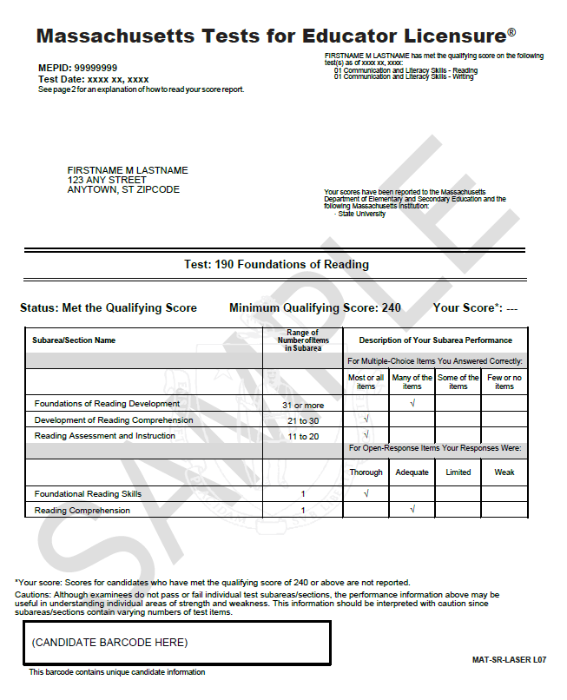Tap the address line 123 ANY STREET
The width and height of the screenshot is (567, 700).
(107, 180)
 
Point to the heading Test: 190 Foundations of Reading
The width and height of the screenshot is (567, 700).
(276, 264)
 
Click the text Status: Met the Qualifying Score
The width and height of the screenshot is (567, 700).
(109, 308)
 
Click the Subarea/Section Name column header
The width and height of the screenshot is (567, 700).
(75, 340)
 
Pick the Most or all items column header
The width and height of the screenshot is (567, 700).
(366, 382)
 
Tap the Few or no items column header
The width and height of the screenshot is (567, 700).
(504, 382)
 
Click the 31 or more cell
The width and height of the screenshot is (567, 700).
(303, 405)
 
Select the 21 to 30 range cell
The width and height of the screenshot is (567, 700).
(303, 420)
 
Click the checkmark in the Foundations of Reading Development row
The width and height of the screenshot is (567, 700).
(412, 404)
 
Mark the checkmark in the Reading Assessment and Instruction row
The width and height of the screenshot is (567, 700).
(366, 435)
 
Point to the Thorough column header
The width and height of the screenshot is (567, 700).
(366, 472)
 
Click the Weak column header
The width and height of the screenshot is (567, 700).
(504, 472)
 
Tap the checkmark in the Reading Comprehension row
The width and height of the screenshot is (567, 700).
(412, 510)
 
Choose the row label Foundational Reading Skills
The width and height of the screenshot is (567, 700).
(88, 494)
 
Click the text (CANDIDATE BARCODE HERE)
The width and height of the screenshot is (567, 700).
(109, 643)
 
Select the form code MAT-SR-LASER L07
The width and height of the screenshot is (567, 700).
(510, 661)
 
